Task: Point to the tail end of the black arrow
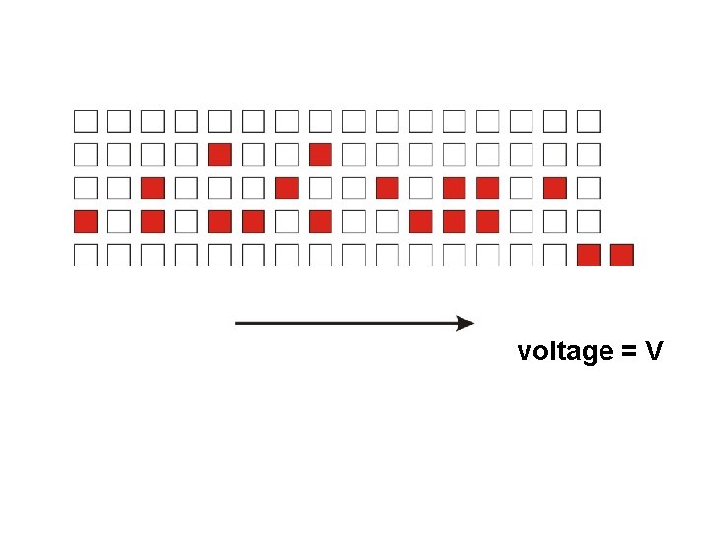click(x=238, y=323)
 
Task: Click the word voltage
click(x=565, y=351)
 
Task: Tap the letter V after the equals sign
click(x=654, y=351)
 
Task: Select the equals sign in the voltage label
click(x=628, y=352)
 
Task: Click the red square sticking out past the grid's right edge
click(x=621, y=256)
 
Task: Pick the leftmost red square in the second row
click(x=220, y=154)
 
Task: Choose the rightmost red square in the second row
click(x=319, y=154)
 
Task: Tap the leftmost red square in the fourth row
click(x=86, y=221)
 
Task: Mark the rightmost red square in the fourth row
click(x=487, y=221)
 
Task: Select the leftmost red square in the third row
click(x=153, y=188)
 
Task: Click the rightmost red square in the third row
click(x=554, y=188)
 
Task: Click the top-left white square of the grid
click(x=86, y=121)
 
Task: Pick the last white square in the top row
click(x=588, y=121)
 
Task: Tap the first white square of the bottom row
click(x=86, y=256)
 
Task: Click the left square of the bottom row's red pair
click(x=588, y=256)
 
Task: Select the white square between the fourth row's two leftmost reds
click(x=119, y=221)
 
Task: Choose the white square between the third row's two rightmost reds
click(x=521, y=188)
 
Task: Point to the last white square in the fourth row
click(x=588, y=221)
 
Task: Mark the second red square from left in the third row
click(x=287, y=188)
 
